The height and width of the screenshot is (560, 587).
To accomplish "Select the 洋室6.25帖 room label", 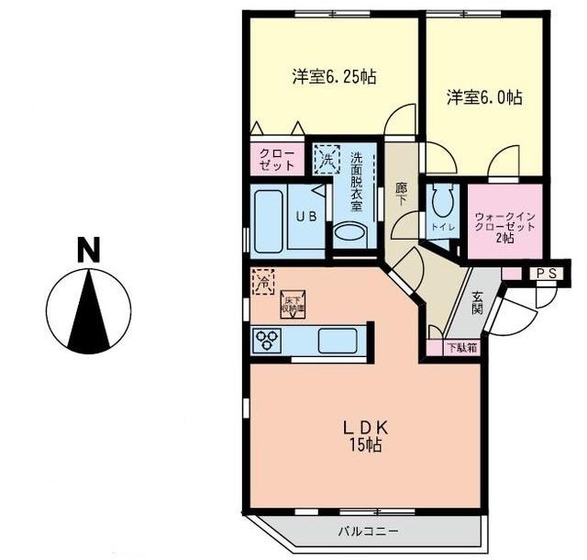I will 334,77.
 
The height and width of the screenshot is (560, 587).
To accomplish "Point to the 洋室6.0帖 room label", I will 484,96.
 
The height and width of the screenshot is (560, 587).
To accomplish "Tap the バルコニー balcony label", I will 368,531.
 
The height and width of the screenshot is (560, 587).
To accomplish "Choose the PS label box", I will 548,273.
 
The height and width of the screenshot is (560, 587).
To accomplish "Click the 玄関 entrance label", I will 478,303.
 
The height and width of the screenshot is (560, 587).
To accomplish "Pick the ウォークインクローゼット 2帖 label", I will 504,226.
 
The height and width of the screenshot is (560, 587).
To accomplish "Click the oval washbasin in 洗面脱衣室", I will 349,232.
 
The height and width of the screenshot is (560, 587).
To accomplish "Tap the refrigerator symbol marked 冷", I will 262,280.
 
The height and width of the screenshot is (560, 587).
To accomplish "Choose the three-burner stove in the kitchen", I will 269,341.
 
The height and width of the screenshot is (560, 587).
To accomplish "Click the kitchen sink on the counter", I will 337,341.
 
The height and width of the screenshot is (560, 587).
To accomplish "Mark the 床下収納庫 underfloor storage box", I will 292,303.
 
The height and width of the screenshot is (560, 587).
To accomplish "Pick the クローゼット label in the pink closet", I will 277,159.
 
